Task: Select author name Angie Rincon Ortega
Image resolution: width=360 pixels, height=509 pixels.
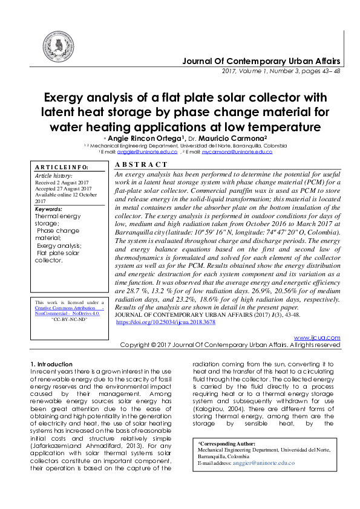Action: click(x=142, y=138)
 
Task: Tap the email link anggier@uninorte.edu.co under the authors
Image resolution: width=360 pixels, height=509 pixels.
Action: click(x=148, y=152)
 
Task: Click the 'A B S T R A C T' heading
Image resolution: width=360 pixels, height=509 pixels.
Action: click(x=141, y=164)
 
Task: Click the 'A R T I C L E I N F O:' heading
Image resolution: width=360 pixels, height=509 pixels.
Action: click(x=61, y=167)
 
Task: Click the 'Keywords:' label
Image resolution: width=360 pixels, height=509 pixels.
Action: click(x=48, y=209)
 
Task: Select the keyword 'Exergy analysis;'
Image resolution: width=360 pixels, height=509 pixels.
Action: click(x=59, y=245)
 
